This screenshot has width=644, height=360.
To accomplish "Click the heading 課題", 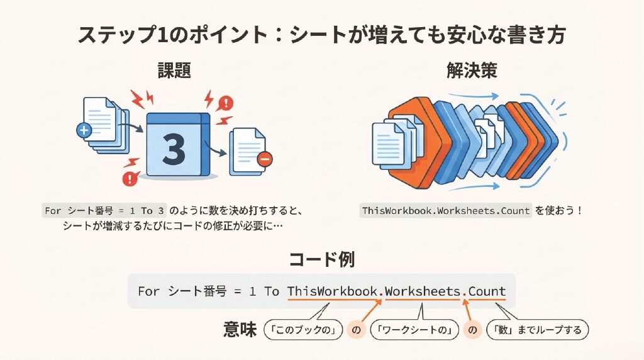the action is click(175, 70).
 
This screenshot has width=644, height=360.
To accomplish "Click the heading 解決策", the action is click(472, 70).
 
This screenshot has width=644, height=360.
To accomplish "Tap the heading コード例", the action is click(321, 259).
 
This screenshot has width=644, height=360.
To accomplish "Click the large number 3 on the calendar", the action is click(174, 149).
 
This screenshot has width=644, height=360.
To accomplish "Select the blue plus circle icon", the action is click(84, 131).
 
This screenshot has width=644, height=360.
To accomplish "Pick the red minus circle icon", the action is click(265, 159).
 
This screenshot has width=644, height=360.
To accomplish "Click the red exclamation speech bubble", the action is click(225, 103).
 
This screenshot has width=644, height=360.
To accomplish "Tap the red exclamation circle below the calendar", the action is click(130, 178).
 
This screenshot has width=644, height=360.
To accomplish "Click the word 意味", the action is click(240, 330).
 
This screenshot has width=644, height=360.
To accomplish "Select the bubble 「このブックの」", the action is click(303, 330).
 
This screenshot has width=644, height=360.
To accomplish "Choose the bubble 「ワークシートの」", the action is click(414, 330).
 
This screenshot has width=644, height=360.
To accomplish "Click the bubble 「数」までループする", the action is click(537, 330).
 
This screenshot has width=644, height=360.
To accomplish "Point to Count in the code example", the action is click(487, 291).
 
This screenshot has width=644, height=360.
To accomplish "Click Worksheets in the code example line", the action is click(422, 291).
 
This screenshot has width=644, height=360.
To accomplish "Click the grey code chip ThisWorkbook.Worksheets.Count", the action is click(446, 211).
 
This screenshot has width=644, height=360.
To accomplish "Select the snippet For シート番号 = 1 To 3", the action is click(104, 211).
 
